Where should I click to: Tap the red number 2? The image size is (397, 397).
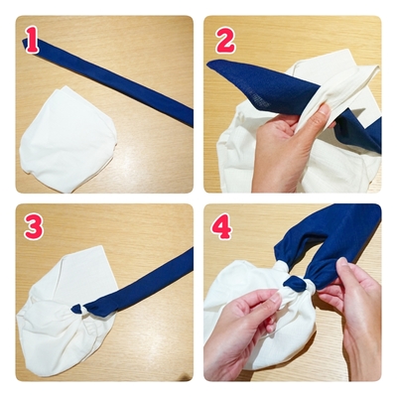pos(225,40)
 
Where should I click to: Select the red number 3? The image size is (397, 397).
pos(34,228)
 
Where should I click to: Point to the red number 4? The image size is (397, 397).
pos(221,228)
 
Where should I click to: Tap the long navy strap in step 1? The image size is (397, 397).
pos(109,81)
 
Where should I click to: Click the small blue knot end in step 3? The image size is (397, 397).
pos(77,309)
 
